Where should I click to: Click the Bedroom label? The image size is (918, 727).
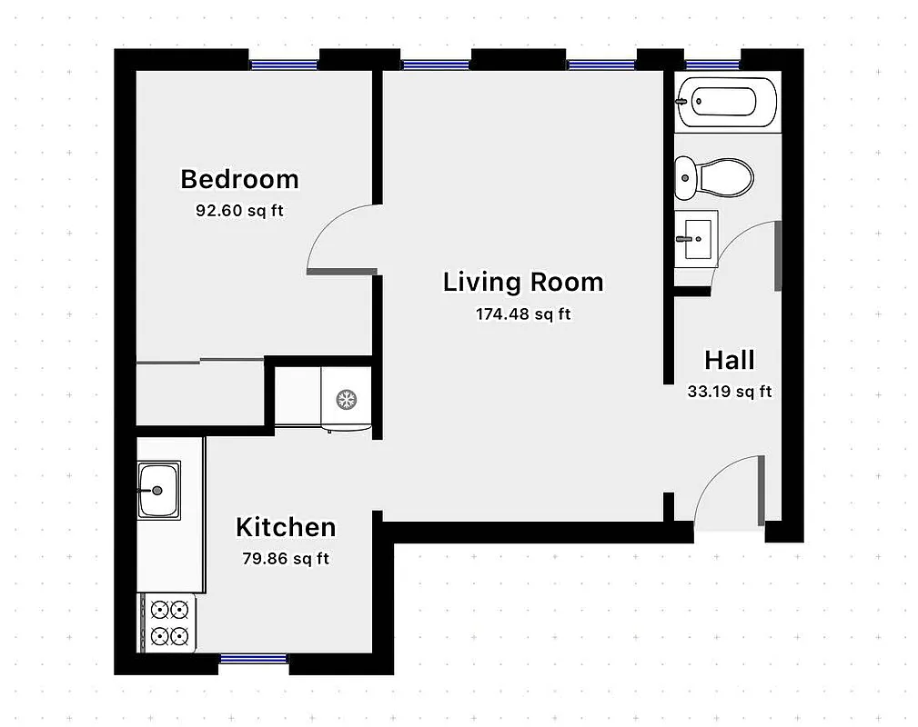[x=239, y=179]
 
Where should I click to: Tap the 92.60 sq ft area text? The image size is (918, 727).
[x=239, y=210]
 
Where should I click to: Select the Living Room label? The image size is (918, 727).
[x=523, y=282]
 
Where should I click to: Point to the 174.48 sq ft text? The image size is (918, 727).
[x=523, y=314]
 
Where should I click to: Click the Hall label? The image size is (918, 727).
[x=730, y=360]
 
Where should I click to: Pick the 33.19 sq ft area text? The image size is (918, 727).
[x=730, y=392]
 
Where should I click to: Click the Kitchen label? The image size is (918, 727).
[x=286, y=527]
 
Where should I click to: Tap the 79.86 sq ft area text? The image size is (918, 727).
[x=286, y=559]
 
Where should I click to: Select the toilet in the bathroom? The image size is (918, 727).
[x=714, y=177]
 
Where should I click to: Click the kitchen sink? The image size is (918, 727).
[x=158, y=490]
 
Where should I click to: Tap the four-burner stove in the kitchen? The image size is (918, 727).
[x=170, y=622]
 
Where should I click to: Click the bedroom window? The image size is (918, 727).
[x=284, y=65]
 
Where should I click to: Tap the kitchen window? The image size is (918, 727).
[x=254, y=659]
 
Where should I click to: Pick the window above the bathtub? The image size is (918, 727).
[x=712, y=65]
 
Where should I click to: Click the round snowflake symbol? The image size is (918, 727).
[x=346, y=398]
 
